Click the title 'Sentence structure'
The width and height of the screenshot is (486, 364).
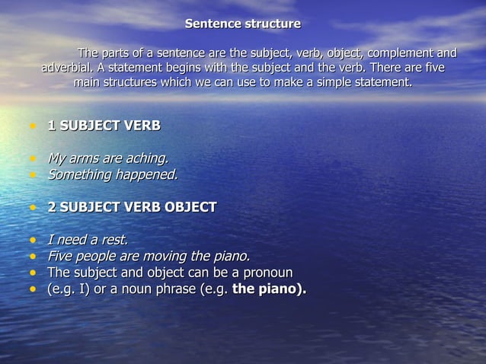tap(242, 24)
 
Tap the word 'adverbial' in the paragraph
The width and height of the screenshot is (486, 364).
tap(69, 68)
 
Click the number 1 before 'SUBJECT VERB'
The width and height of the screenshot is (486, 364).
tap(52, 126)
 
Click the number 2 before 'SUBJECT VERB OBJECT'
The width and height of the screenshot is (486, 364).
tap(52, 206)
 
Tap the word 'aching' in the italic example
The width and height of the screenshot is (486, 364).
tap(144, 158)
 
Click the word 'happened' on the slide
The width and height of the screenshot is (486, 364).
tap(149, 174)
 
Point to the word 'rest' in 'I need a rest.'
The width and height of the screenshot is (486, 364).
tap(114, 241)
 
